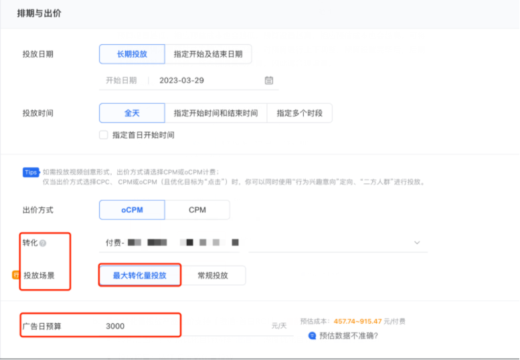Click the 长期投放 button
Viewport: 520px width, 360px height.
(132, 54)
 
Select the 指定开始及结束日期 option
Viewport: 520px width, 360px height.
(208, 54)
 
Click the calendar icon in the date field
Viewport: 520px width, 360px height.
(269, 80)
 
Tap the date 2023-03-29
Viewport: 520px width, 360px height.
(181, 80)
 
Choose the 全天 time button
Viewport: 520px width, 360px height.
(132, 113)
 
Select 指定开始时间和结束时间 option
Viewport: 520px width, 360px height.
(215, 113)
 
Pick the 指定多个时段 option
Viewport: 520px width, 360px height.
(299, 113)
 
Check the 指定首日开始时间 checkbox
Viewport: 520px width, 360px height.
(104, 134)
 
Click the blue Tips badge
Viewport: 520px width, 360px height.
(30, 172)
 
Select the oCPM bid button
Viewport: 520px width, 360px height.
(132, 210)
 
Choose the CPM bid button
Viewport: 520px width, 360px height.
(197, 210)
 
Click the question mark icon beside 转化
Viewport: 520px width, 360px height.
(43, 243)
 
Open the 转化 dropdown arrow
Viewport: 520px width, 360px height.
(417, 242)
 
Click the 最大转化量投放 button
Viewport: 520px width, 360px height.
(139, 275)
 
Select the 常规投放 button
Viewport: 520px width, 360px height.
(213, 275)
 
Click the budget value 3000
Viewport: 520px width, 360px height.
(115, 326)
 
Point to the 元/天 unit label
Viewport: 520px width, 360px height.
(278, 326)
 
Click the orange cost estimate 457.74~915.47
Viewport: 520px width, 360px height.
(357, 321)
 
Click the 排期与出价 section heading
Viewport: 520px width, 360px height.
(39, 13)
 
